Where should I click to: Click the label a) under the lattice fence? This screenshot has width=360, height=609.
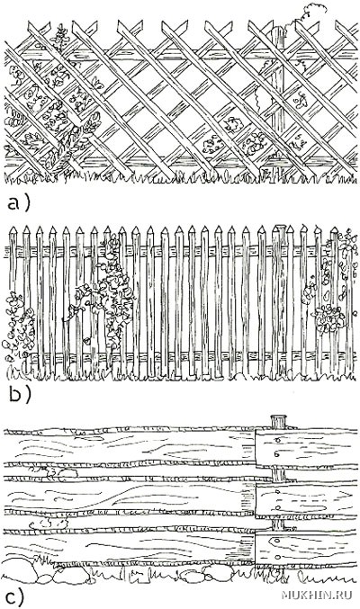(18, 203)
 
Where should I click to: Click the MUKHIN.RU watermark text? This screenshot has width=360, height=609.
(316, 595)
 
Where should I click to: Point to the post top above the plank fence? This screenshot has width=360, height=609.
(278, 421)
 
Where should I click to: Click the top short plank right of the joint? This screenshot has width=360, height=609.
(306, 448)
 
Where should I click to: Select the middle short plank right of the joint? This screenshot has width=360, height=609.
(306, 500)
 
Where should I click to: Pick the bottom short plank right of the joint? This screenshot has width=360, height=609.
(306, 549)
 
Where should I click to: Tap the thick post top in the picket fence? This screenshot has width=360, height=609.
(280, 228)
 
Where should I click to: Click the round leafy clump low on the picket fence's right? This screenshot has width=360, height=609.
(329, 318)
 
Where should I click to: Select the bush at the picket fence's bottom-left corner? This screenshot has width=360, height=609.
(19, 330)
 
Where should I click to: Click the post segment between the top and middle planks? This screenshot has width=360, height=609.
(278, 475)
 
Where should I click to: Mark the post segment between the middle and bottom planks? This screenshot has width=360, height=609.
(278, 524)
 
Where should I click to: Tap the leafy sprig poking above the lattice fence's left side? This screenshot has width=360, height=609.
(60, 37)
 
